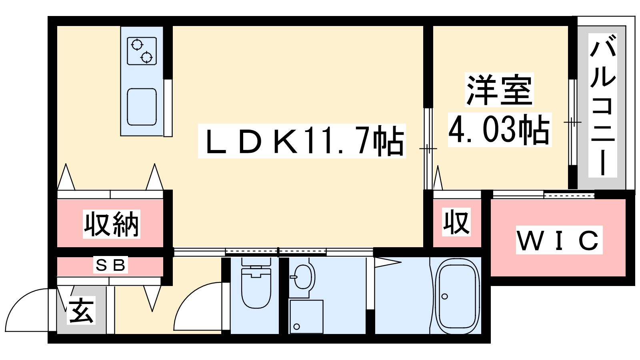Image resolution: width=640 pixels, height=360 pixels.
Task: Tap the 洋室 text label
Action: click(499, 90)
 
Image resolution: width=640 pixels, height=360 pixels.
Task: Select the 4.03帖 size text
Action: click(499, 130)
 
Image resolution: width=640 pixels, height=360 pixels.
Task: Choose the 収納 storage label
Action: click(112, 224)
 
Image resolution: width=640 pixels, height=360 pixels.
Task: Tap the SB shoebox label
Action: click(110, 265)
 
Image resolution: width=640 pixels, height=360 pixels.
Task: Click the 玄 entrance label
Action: click(82, 310)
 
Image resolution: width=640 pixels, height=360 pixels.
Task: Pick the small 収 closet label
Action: click(456, 222)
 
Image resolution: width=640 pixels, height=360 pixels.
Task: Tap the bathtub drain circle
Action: click(444, 296)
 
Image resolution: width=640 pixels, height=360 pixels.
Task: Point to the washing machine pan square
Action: click(306, 316)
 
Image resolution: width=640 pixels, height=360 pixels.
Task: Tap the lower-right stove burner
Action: click(146, 58)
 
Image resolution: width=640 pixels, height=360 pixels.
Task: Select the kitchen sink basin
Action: click(142, 107)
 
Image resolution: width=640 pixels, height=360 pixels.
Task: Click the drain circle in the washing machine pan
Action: click(296, 326)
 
